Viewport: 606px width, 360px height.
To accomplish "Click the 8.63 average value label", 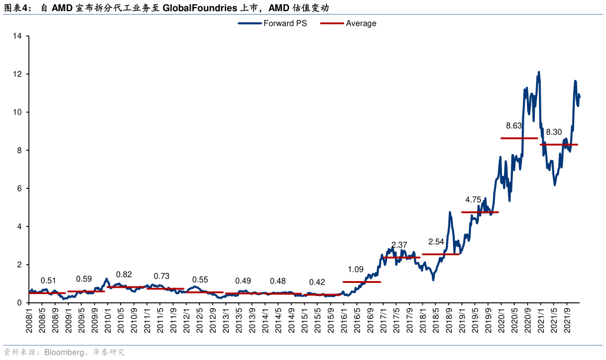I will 514,125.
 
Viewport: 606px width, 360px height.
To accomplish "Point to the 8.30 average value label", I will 554,132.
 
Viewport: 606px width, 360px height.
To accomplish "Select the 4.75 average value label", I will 473,200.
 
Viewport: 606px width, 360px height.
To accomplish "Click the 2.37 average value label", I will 399,245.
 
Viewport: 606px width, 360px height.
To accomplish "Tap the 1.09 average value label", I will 355,269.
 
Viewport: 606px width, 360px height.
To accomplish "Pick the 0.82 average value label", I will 124,275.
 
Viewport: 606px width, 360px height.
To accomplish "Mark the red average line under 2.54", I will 440,254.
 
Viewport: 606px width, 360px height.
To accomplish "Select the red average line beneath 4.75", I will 480,212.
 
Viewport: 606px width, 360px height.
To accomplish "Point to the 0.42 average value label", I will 317,282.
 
